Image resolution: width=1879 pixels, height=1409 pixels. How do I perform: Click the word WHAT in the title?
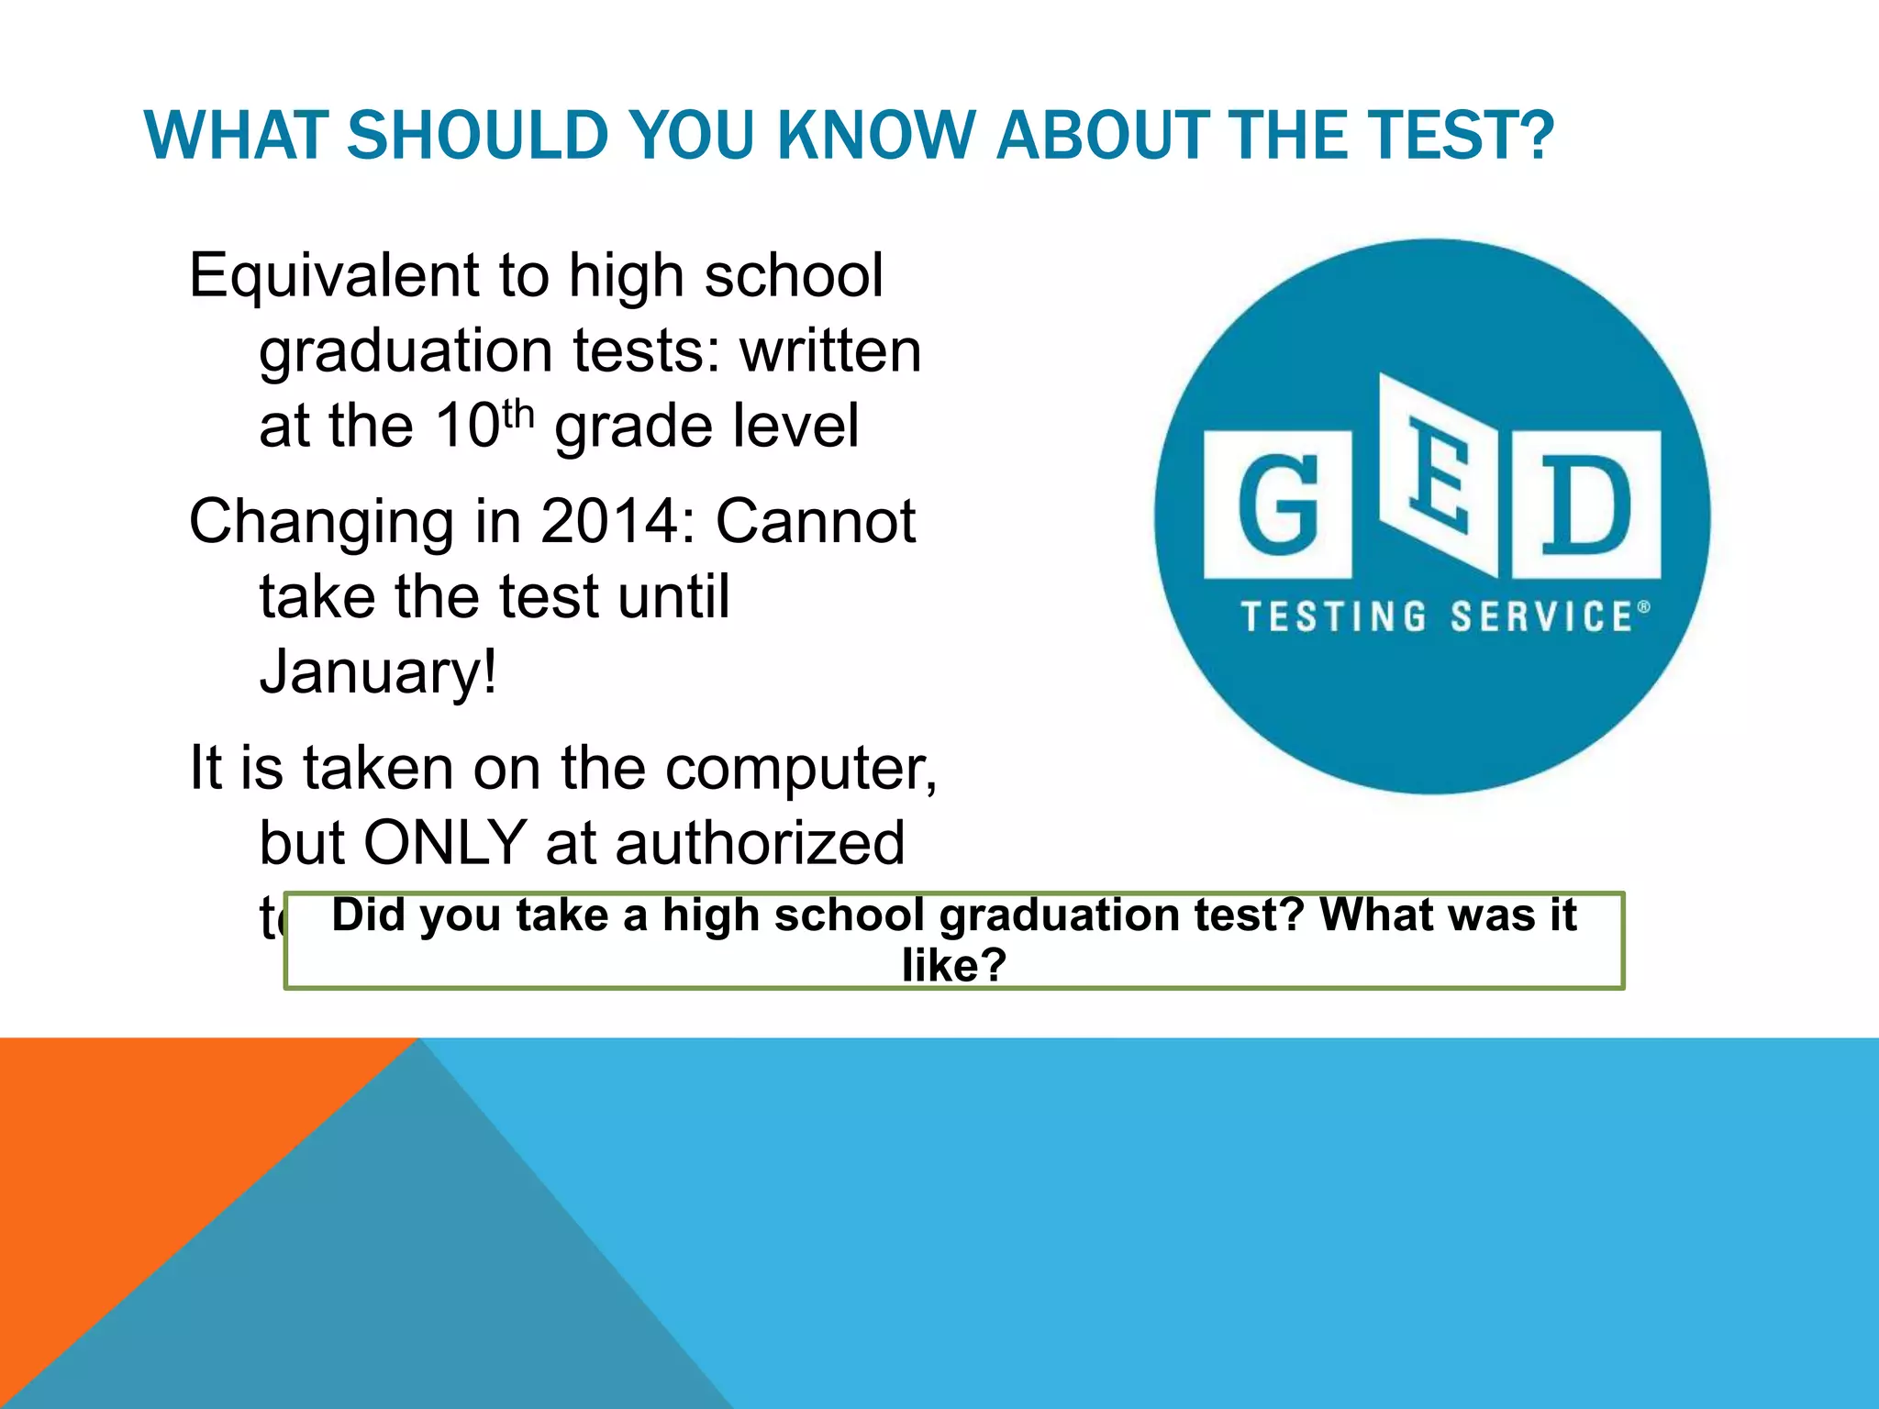(x=236, y=136)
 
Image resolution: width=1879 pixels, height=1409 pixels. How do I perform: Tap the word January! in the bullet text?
(x=378, y=671)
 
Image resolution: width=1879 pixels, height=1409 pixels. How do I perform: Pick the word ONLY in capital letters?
(x=444, y=842)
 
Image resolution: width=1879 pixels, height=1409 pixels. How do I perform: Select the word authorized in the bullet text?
(x=760, y=842)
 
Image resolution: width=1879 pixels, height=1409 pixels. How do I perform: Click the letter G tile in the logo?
(x=1277, y=505)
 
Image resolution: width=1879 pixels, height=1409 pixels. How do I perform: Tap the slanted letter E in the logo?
(x=1439, y=476)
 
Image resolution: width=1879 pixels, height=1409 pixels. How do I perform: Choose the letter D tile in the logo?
(x=1585, y=505)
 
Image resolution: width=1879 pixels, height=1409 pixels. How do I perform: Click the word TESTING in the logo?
(x=1334, y=617)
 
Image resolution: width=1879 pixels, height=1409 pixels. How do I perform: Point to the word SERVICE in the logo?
(x=1541, y=617)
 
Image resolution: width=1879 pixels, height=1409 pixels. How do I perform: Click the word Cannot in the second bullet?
(x=815, y=521)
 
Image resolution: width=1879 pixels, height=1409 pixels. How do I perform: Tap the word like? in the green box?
(x=954, y=965)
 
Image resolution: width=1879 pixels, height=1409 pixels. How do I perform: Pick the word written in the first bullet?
(x=830, y=350)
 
